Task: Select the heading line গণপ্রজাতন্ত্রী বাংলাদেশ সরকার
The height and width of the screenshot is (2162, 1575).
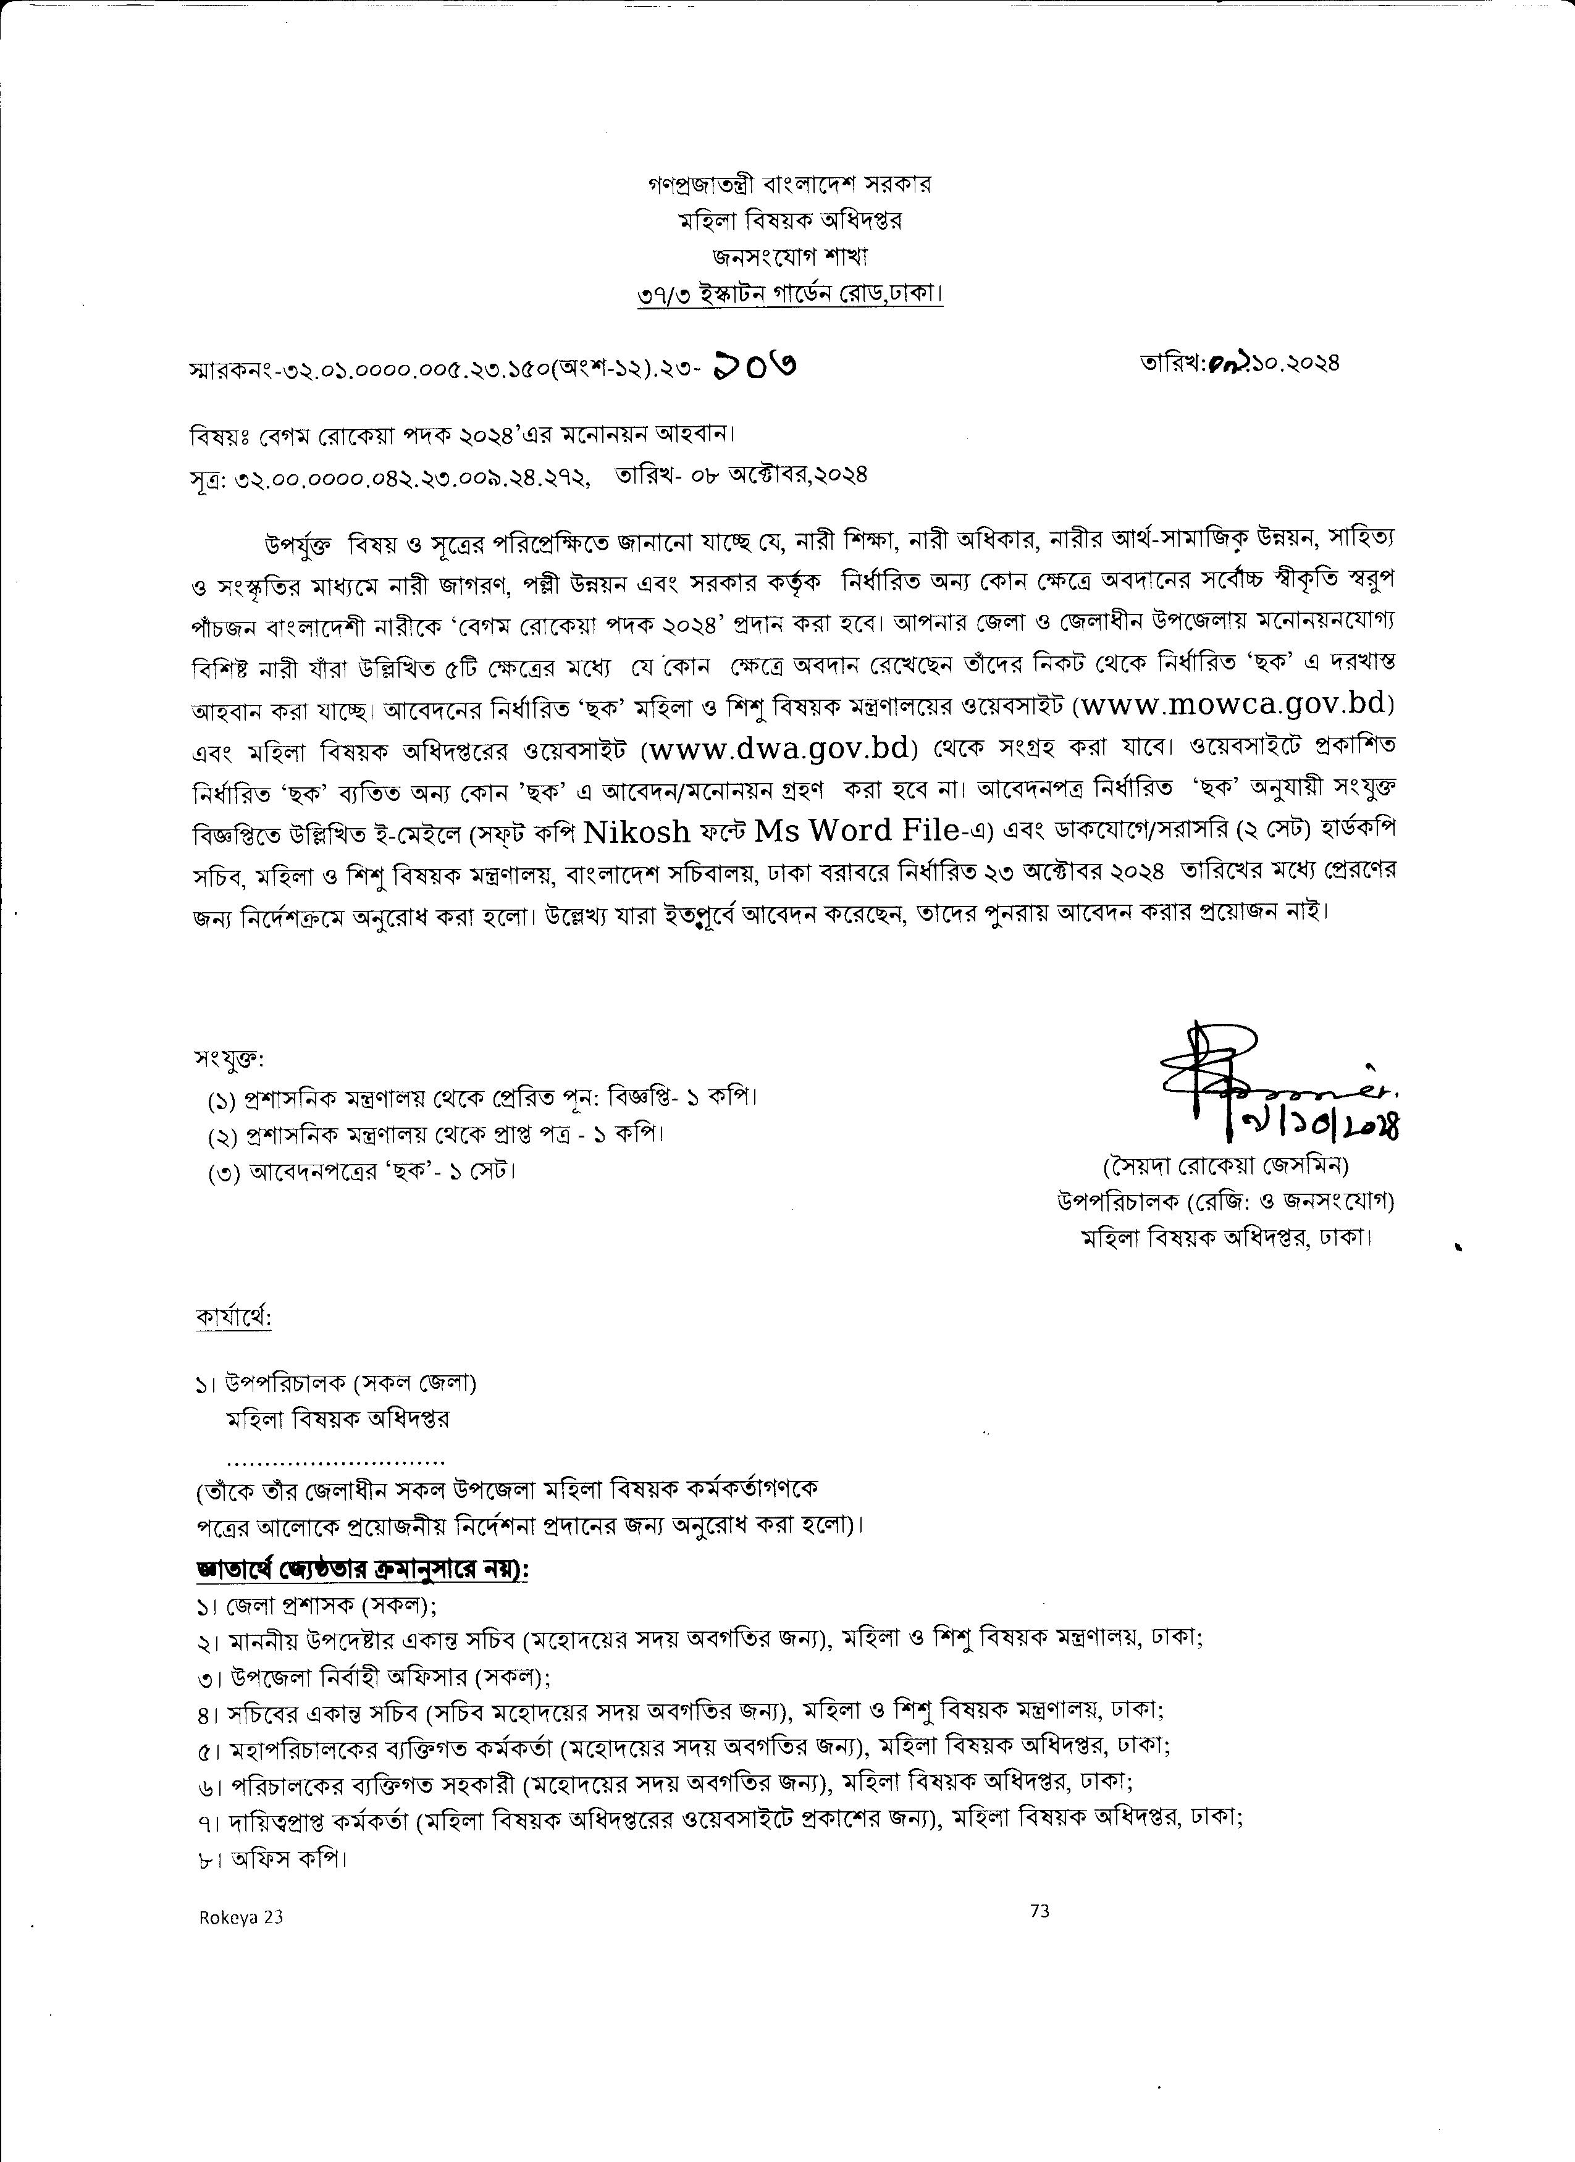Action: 789,184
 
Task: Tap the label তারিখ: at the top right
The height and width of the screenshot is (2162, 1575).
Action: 1174,362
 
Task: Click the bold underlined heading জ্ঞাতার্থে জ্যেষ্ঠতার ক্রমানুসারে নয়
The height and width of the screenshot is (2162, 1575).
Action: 363,1570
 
